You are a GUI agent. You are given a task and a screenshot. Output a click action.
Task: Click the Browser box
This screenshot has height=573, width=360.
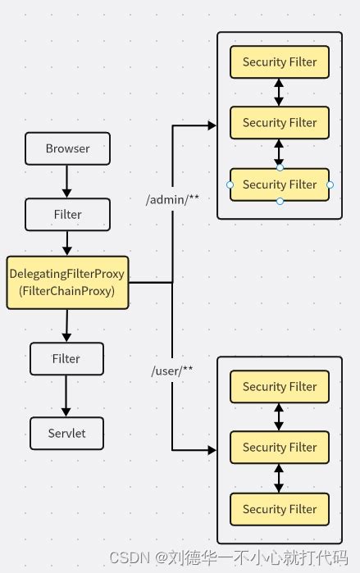[67, 149]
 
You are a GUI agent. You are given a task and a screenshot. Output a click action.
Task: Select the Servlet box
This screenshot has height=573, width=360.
[67, 433]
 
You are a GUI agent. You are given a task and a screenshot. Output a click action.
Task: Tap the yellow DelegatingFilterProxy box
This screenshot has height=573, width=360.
[67, 282]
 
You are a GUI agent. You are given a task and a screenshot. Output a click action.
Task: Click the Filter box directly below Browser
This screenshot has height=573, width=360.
[67, 215]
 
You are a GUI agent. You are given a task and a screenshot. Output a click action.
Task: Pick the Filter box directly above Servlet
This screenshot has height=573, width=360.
[67, 359]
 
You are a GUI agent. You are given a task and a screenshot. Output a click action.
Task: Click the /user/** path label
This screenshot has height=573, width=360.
[172, 372]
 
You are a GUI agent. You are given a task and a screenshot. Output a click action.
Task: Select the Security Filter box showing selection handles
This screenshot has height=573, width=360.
[280, 184]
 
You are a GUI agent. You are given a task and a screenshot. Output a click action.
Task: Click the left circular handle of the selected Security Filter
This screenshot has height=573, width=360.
[230, 185]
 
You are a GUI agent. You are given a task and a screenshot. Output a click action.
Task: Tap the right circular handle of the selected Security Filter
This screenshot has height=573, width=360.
[330, 185]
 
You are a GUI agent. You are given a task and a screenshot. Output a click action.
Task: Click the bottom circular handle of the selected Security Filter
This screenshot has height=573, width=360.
[280, 202]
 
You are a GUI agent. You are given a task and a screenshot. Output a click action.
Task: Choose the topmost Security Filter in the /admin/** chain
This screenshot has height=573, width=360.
[280, 61]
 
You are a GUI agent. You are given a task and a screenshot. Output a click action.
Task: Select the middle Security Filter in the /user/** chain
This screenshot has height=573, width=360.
[280, 448]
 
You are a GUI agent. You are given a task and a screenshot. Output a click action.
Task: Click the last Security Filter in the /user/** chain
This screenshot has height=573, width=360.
[280, 508]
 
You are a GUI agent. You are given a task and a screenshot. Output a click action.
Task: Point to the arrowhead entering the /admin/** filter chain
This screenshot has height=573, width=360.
[212, 125]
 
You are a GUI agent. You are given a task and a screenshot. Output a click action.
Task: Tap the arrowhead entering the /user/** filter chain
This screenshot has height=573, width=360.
[212, 450]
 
